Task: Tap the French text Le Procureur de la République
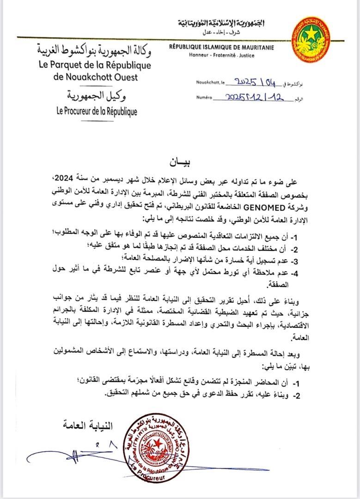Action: (x=97, y=111)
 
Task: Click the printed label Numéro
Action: (x=203, y=98)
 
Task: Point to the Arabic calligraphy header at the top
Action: (x=223, y=24)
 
